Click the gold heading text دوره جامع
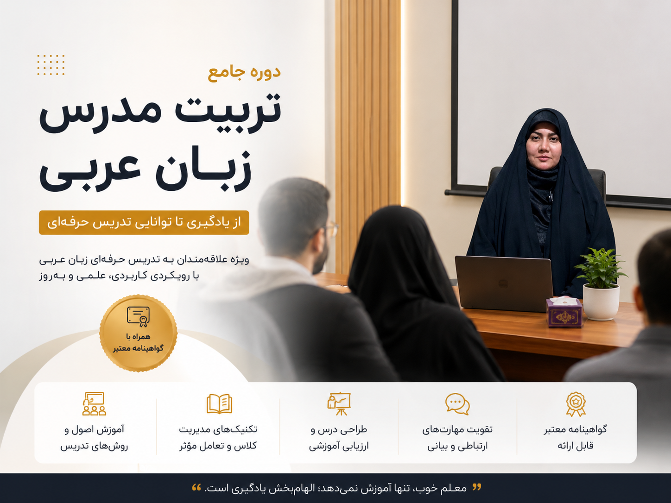(244, 73)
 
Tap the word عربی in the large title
(90, 173)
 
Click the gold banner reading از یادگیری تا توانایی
(144, 223)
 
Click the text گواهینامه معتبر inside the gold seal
(138, 348)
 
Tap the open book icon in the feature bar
(219, 404)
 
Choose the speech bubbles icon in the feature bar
(457, 404)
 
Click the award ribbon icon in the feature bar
(576, 404)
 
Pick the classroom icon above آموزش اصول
(94, 404)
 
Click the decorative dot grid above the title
(51, 65)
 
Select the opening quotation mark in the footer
(477, 487)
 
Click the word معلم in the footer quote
(456, 488)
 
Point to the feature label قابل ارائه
(576, 446)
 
